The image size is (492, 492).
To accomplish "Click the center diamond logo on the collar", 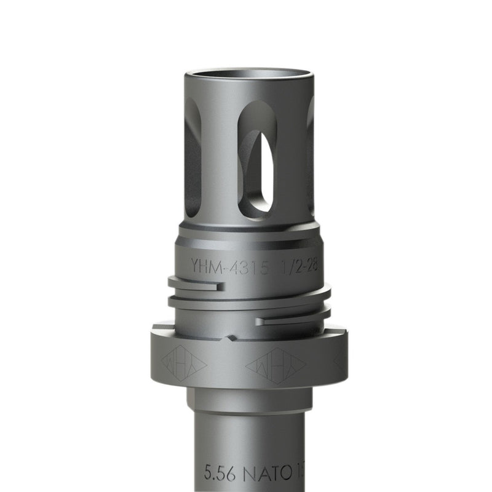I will (276, 365).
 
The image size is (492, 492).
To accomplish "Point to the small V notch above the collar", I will (230, 338).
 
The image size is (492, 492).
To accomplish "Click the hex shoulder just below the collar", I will (249, 400).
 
